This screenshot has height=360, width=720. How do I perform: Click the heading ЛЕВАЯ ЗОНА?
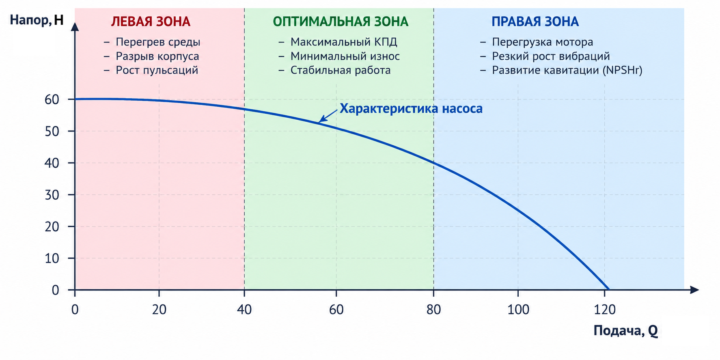[x=151, y=22]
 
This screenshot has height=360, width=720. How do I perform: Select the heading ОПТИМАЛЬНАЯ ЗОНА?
[x=341, y=22]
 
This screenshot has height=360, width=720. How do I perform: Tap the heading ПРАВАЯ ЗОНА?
[x=535, y=22]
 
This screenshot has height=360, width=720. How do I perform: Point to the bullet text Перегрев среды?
[x=158, y=42]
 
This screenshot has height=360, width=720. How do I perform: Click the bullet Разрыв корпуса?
[x=157, y=56]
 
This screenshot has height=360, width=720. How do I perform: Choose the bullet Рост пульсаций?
[x=157, y=70]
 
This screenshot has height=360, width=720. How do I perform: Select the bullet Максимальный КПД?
[x=344, y=42]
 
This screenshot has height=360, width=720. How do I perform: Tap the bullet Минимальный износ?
[x=345, y=56]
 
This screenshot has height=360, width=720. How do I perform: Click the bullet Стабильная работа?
[x=341, y=70]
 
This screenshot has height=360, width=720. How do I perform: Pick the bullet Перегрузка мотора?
[x=543, y=42]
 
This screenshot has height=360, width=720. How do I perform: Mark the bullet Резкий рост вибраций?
[x=551, y=56]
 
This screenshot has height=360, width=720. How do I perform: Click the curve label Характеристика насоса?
[x=411, y=109]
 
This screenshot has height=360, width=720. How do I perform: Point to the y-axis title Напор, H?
[x=37, y=20]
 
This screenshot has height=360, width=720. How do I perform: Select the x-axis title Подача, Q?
[x=625, y=331]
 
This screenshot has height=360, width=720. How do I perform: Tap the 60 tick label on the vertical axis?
[x=52, y=99]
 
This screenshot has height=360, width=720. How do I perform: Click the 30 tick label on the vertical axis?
[x=52, y=195]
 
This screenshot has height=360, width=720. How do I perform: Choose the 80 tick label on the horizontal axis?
[x=433, y=310]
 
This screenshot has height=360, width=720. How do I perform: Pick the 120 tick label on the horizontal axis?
[x=605, y=310]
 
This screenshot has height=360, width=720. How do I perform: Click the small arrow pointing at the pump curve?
[x=328, y=116]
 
